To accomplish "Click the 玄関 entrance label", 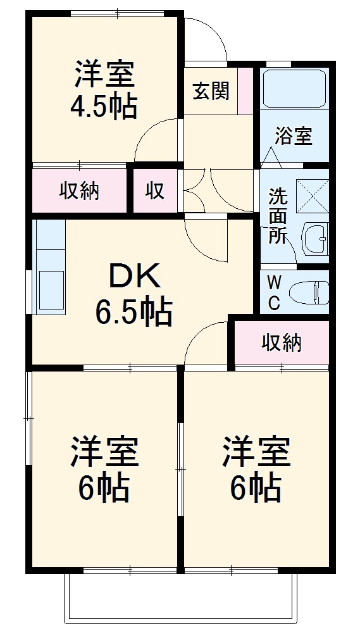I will [211, 92].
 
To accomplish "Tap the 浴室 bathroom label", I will [294, 136].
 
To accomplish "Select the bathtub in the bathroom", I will [294, 89].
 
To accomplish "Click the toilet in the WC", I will [309, 292].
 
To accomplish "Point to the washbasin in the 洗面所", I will [313, 239].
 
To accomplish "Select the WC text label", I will [274, 292].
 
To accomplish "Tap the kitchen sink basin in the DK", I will [50, 288].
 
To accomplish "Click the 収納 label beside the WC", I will [282, 342].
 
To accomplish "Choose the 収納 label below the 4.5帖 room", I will [79, 191].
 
